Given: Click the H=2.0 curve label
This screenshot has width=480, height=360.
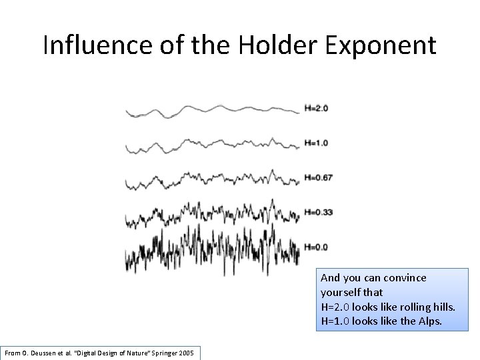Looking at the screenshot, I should point(316,108).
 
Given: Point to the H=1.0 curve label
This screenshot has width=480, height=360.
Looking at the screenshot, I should point(316,143).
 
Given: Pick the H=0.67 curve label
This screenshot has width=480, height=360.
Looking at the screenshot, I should point(318,177).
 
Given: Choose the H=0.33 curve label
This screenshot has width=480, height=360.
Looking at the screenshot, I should point(318,212).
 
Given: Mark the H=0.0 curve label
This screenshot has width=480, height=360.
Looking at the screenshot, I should point(316,247).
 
